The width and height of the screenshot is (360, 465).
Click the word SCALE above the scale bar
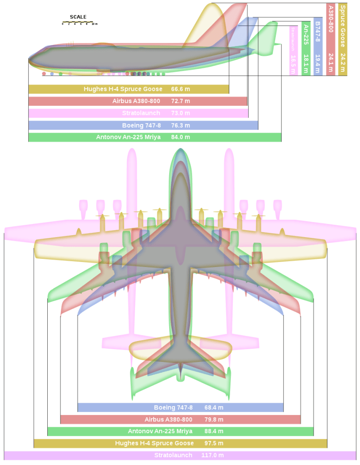point(78,17)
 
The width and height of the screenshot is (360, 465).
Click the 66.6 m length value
point(181,89)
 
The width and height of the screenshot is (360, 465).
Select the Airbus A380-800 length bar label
point(136,101)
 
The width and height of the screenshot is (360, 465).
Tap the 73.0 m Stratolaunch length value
point(181,113)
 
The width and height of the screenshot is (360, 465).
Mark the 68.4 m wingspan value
point(214,407)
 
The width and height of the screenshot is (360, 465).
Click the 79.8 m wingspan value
point(214,420)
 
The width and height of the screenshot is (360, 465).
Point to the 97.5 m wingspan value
point(214,443)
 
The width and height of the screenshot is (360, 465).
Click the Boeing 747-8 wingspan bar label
point(173,407)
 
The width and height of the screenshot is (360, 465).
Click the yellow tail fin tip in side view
point(212,7)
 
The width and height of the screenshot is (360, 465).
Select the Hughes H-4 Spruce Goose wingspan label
point(155,443)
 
